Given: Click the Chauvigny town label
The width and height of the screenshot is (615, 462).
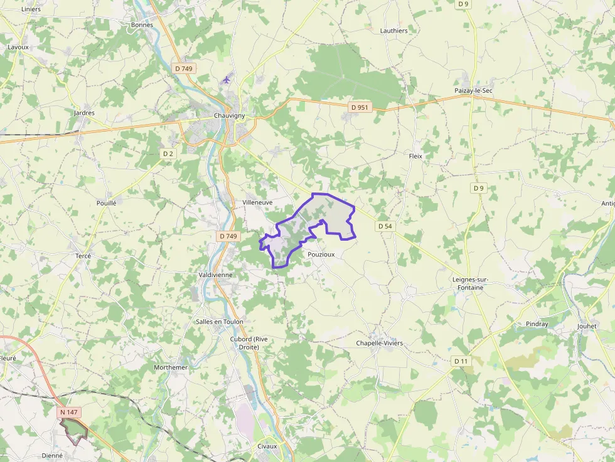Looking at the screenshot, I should (x=229, y=116).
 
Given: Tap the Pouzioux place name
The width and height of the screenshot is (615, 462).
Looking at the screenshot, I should (x=321, y=255).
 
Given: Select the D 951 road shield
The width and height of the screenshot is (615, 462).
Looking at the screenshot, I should (x=360, y=107).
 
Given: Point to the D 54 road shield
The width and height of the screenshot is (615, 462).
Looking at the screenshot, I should (x=385, y=226).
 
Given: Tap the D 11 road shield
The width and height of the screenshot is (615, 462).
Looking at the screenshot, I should (x=461, y=361).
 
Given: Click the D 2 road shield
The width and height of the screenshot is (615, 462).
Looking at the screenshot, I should (x=168, y=154).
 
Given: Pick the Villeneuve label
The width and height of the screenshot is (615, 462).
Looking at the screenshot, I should (x=257, y=203).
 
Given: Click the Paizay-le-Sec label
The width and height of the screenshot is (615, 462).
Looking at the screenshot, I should (x=474, y=91).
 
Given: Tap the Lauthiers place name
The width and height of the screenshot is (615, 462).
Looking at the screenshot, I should (x=393, y=30).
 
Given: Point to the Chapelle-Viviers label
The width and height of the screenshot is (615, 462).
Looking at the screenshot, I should (x=379, y=344).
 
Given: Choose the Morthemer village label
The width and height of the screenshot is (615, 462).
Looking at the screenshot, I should (x=171, y=367).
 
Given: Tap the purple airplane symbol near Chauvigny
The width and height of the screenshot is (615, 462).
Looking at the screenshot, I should (x=227, y=79).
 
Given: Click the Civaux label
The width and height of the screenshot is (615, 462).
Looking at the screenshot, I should (x=267, y=446).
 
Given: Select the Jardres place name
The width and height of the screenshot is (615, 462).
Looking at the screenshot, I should (x=84, y=113).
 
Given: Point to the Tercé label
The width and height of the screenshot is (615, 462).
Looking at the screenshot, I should (x=83, y=256).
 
